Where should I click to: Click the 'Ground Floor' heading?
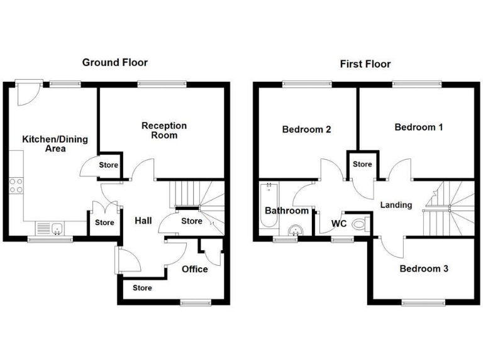[x=115, y=62]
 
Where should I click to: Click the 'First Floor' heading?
[x=365, y=63]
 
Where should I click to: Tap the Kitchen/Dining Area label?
[x=55, y=144]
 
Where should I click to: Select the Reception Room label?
[x=164, y=130]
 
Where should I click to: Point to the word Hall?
[x=143, y=221]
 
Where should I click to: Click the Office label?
[x=194, y=270]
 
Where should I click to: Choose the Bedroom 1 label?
[x=418, y=128]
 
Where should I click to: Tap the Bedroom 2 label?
[x=306, y=130]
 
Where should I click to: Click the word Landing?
[x=396, y=205]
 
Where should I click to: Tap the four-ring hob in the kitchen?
[x=16, y=185]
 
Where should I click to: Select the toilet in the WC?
[x=359, y=223]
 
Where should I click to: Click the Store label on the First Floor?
[x=362, y=165]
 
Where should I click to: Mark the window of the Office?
[x=195, y=303]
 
